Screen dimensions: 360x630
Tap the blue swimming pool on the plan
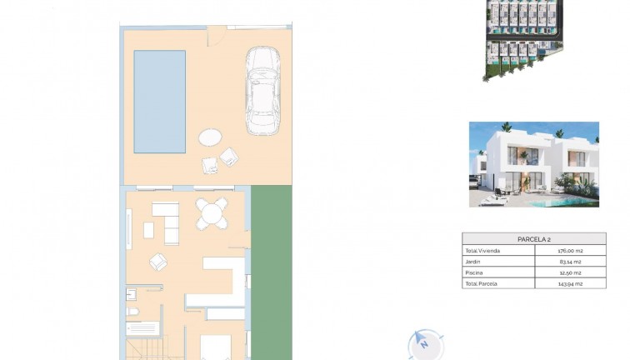click(159, 102)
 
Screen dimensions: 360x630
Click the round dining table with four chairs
click(211, 214)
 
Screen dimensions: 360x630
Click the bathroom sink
click(131, 294)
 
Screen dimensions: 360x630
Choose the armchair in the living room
click(158, 262)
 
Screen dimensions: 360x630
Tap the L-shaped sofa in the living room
click(167, 221)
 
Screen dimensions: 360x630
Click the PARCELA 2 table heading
click(533, 239)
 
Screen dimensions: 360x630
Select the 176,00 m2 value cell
click(570, 250)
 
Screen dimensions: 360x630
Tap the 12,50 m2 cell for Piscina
click(570, 272)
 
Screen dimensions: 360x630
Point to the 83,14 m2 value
click(570, 262)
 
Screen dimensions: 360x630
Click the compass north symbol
click(423, 343)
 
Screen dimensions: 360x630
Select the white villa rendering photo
click(533, 164)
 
